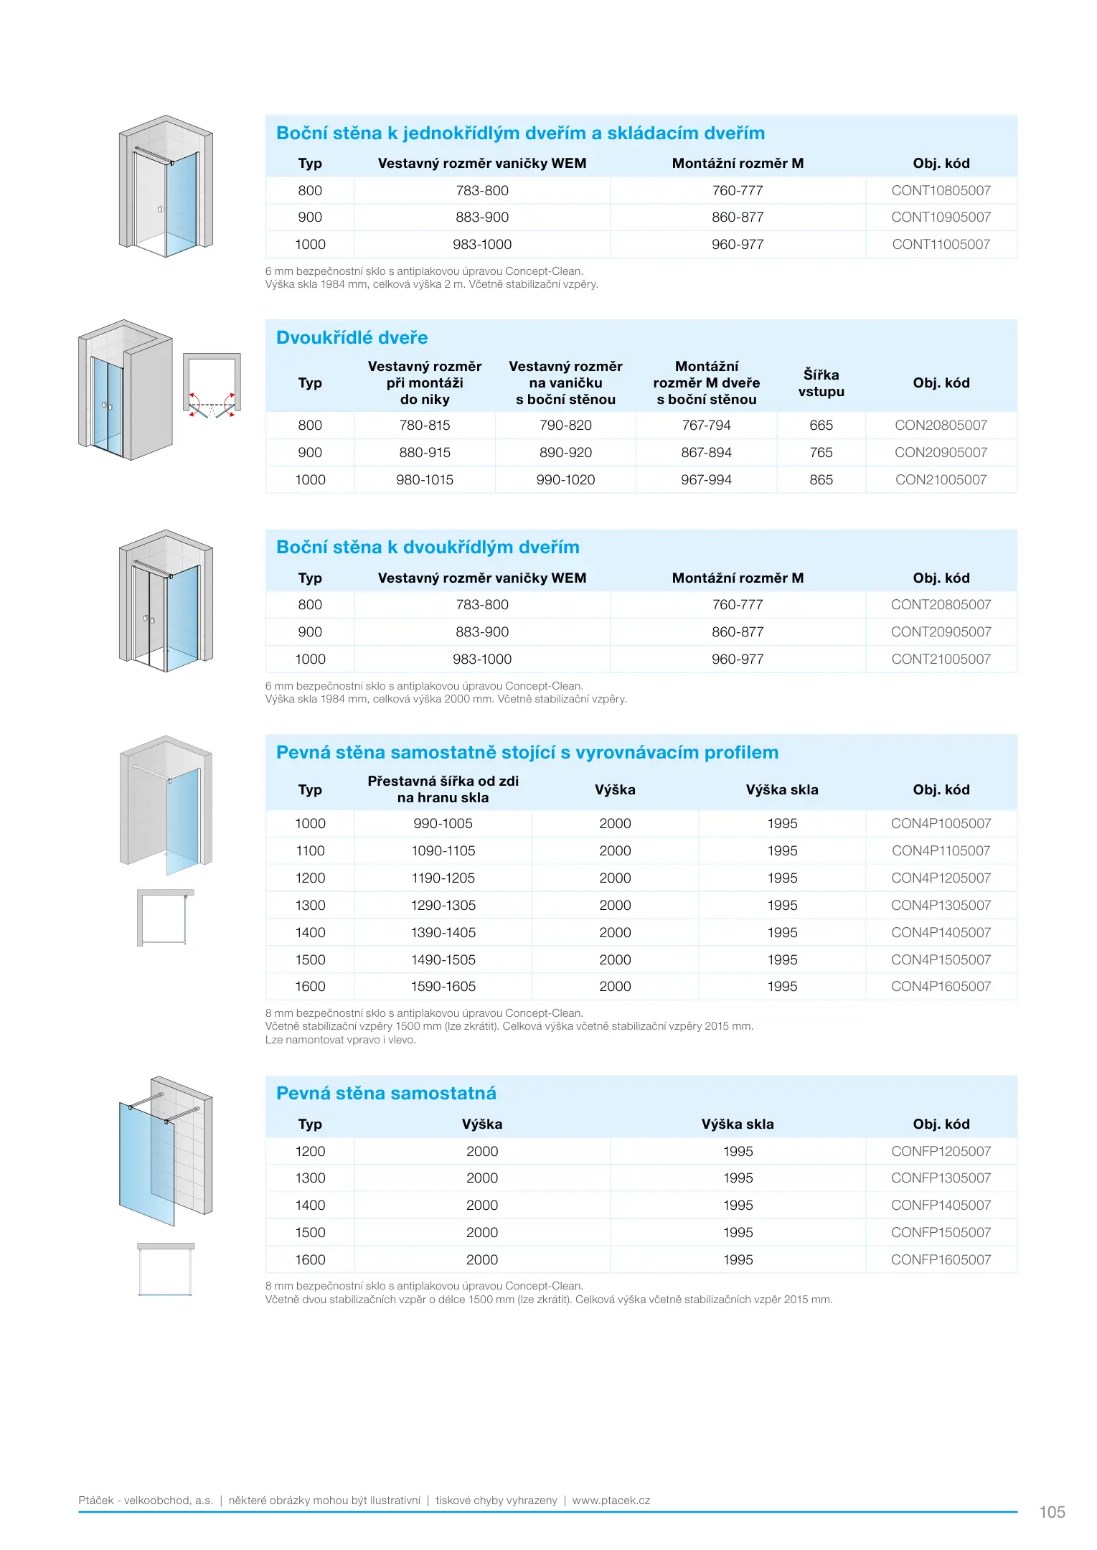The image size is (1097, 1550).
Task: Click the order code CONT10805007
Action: (941, 190)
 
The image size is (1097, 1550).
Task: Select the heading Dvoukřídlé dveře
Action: (352, 337)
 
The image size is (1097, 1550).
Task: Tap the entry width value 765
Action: (821, 452)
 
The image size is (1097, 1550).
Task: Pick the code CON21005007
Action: (941, 479)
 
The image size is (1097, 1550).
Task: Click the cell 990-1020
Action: (565, 479)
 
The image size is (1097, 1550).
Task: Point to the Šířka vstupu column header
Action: (821, 383)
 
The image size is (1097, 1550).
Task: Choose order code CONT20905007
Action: (941, 631)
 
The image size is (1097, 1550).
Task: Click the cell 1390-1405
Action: (443, 932)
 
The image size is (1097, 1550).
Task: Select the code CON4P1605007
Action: (941, 986)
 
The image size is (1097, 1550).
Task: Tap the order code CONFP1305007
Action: (941, 1178)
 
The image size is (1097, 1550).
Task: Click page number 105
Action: (1052, 1512)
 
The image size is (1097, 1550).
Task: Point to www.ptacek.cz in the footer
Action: (611, 1500)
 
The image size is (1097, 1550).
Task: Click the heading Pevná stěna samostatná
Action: (386, 1093)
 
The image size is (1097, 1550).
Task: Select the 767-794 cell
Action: (706, 425)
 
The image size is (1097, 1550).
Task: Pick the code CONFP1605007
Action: (941, 1259)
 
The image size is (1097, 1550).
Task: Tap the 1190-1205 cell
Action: (443, 878)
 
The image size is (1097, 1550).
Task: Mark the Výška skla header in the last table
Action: (738, 1124)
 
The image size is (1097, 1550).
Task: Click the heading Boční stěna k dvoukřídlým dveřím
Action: (428, 547)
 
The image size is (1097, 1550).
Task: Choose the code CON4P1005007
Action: (941, 823)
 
